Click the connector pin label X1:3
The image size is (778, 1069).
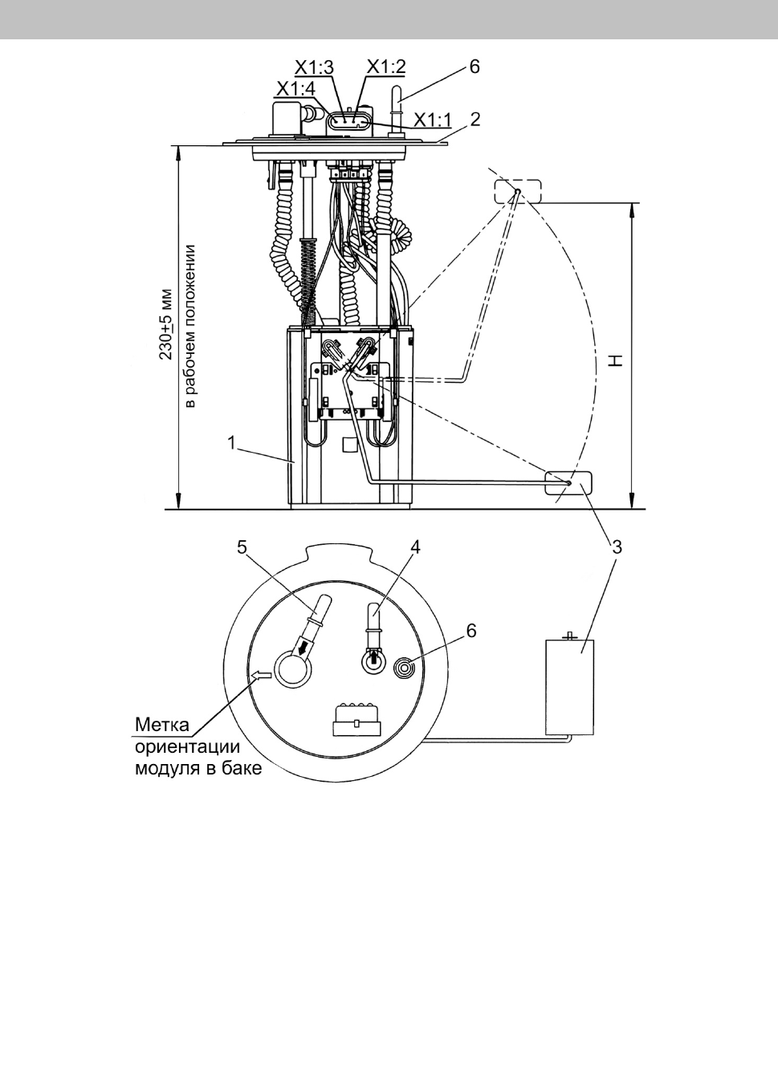[x=314, y=67]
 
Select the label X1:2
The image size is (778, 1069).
[x=385, y=67]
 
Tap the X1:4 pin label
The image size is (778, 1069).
[x=296, y=89]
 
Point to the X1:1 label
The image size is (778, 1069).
[x=433, y=120]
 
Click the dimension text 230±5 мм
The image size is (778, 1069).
[x=166, y=324]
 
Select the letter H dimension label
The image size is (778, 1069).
[x=617, y=360]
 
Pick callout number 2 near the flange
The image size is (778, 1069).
[x=475, y=120]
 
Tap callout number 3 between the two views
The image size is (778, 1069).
[x=617, y=547]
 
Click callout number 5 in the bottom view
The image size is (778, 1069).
[x=242, y=547]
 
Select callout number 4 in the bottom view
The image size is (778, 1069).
[x=415, y=547]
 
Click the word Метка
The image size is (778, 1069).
[x=162, y=725]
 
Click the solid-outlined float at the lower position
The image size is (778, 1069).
[x=568, y=483]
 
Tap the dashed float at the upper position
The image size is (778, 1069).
[x=518, y=191]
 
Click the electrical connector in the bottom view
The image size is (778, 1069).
[x=357, y=719]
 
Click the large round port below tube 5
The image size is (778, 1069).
[x=292, y=669]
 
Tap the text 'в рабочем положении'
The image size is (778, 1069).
[x=190, y=327]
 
